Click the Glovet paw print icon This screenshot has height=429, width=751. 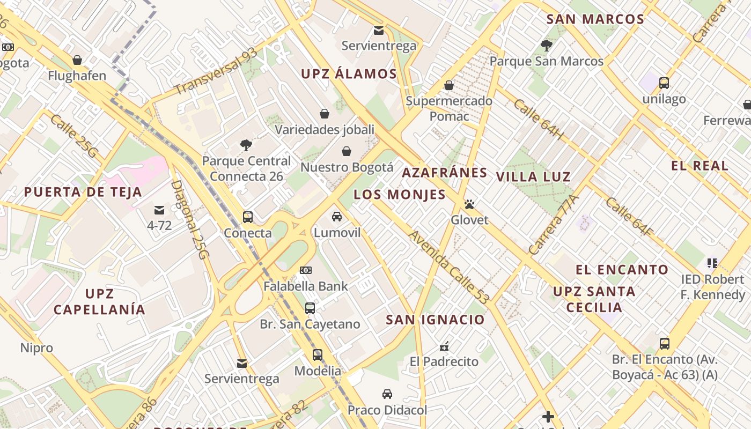(x=470, y=204)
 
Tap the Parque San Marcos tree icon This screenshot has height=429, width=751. (x=547, y=46)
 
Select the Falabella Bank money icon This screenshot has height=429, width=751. (x=306, y=270)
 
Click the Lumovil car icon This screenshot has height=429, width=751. (x=337, y=217)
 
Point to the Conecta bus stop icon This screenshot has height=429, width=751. (x=247, y=217)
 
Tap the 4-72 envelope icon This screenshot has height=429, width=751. (x=159, y=210)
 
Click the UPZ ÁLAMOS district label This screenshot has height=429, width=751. (x=349, y=74)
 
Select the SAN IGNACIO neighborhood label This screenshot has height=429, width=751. (x=435, y=320)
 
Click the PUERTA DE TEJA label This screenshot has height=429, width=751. (x=83, y=192)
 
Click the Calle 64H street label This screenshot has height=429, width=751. (x=538, y=119)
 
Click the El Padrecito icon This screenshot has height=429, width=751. (x=444, y=346)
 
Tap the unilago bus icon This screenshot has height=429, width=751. (x=664, y=83)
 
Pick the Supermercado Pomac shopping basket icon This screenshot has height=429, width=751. (x=449, y=85)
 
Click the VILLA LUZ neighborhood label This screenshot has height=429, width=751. (x=533, y=176)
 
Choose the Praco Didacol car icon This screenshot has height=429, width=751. (x=387, y=394)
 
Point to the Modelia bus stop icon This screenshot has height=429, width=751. (x=318, y=355)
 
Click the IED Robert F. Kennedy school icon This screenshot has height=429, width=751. (x=712, y=263)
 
